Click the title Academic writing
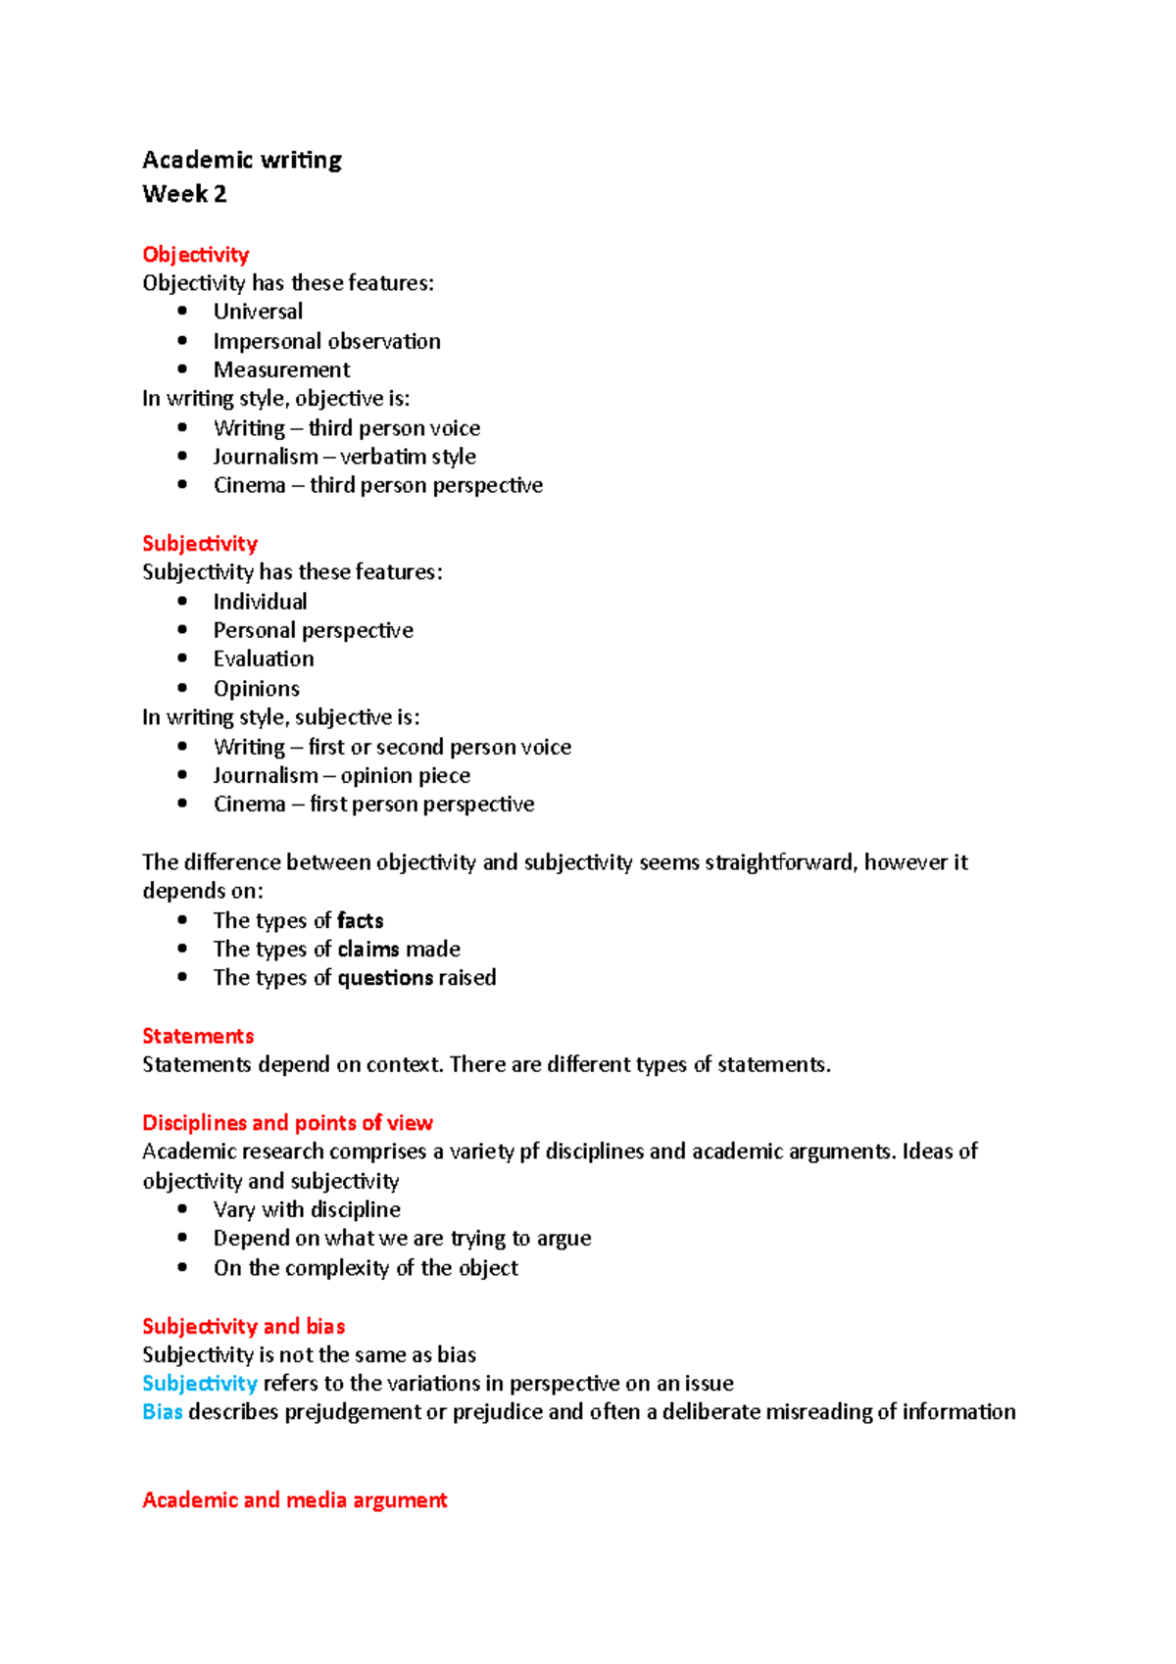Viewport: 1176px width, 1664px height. (x=242, y=160)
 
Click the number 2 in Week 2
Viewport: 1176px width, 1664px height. (x=220, y=194)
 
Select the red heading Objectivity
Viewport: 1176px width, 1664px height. (x=196, y=255)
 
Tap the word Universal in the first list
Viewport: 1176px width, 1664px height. (x=258, y=312)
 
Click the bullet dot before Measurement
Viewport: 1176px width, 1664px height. (x=182, y=369)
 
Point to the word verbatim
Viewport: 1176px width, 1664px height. (x=389, y=457)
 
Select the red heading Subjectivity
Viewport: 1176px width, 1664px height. (x=200, y=544)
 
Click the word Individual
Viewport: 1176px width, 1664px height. (x=260, y=602)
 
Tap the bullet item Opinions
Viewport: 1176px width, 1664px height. (x=257, y=689)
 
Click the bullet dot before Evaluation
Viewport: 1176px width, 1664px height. (x=182, y=659)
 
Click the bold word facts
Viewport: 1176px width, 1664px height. (x=360, y=921)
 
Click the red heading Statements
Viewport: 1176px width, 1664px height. (x=198, y=1037)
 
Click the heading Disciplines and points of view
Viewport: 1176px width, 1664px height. (x=287, y=1123)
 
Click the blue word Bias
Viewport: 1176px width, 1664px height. (x=163, y=1412)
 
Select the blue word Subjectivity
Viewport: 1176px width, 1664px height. (x=200, y=1384)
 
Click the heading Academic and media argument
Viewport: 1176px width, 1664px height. (x=294, y=1500)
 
